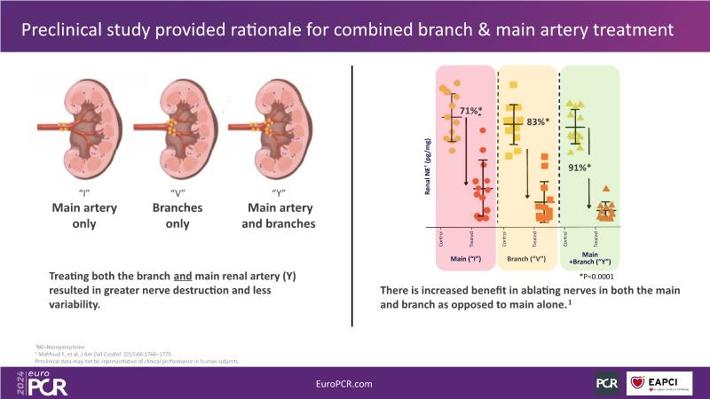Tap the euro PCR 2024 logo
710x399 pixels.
pyautogui.click(x=36, y=382)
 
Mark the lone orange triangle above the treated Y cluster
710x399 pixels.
pyautogui.click(x=605, y=189)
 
